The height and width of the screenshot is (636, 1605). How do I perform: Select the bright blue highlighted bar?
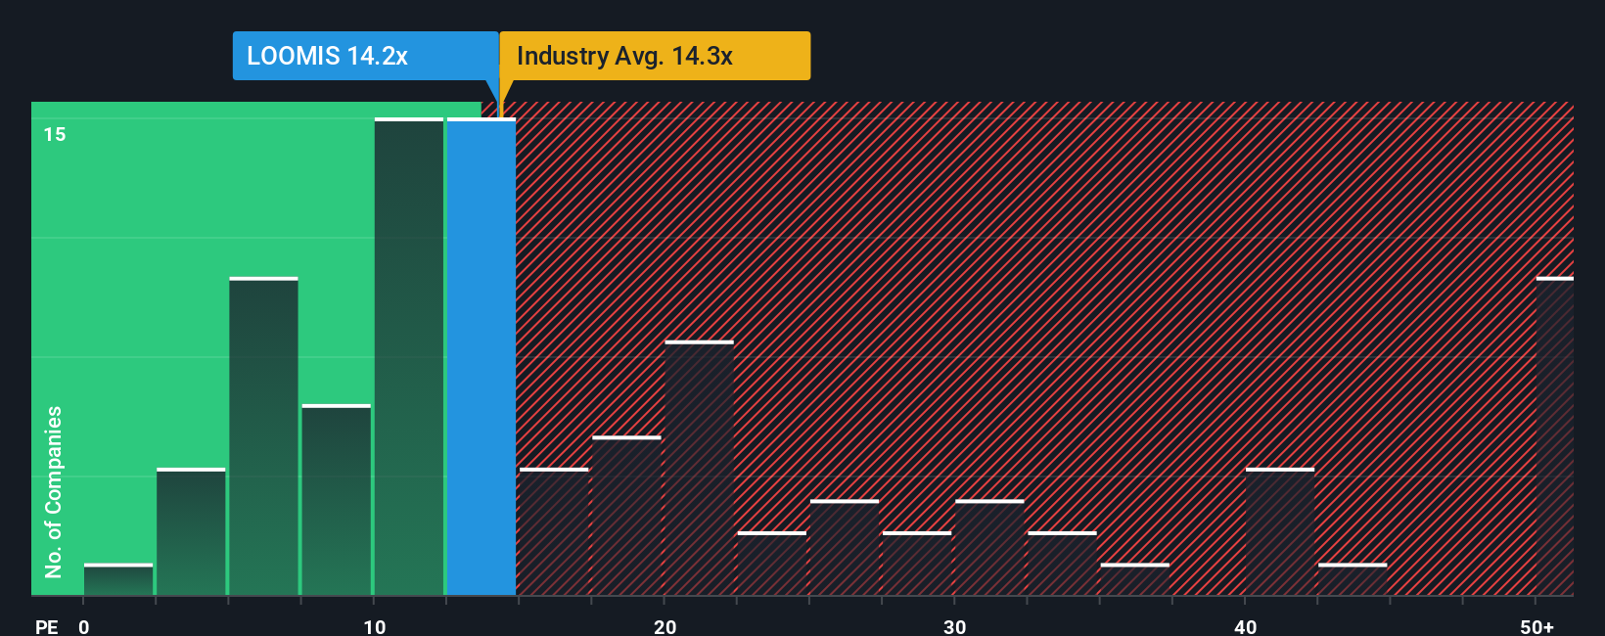[481, 357]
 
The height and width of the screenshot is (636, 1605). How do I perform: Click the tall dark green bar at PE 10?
[409, 357]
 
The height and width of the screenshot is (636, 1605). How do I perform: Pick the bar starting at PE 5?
[263, 436]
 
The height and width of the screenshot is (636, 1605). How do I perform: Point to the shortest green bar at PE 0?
[118, 579]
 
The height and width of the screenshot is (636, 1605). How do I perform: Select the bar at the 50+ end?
[1554, 436]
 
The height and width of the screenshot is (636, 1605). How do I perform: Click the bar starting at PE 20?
[699, 468]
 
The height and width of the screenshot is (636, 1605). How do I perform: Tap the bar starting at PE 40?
[1280, 531]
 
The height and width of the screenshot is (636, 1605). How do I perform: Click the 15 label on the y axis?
[55, 134]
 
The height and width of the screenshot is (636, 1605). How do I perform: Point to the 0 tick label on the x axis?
[84, 626]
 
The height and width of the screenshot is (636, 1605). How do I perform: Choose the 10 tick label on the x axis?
[375, 626]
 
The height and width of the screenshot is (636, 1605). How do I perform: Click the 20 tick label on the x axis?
[665, 626]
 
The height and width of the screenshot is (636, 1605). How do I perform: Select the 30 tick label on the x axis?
[955, 626]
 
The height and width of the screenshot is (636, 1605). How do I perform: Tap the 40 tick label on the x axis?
[1245, 626]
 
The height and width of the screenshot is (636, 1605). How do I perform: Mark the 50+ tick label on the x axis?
[1536, 626]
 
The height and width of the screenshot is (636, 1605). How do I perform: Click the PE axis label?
[47, 626]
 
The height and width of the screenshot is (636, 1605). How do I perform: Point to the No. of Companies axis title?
[54, 491]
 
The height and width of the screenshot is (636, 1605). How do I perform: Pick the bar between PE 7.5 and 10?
[337, 500]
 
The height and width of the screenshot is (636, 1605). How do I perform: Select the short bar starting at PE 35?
[1135, 579]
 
